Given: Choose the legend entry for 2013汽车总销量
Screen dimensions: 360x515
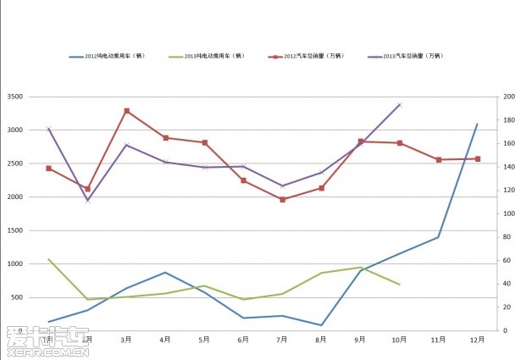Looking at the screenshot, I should pos(413,57).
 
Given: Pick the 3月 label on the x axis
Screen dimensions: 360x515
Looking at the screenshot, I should pos(125,340).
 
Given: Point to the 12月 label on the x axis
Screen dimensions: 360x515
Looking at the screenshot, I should pos(477,340).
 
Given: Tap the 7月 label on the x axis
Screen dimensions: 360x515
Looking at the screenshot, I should pos(282,340).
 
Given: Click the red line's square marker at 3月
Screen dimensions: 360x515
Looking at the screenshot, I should pos(126,111).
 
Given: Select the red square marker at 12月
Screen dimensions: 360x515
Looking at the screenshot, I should pos(478,158).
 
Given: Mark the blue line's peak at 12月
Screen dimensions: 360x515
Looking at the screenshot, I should pos(478,124).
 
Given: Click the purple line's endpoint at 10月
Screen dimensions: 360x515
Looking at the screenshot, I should pos(400,105).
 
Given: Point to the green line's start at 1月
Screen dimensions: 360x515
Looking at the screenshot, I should pos(48,259).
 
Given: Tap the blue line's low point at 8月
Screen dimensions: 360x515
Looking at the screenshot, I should pos(322,325).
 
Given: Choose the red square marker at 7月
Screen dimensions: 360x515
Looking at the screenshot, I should pos(282,200).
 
